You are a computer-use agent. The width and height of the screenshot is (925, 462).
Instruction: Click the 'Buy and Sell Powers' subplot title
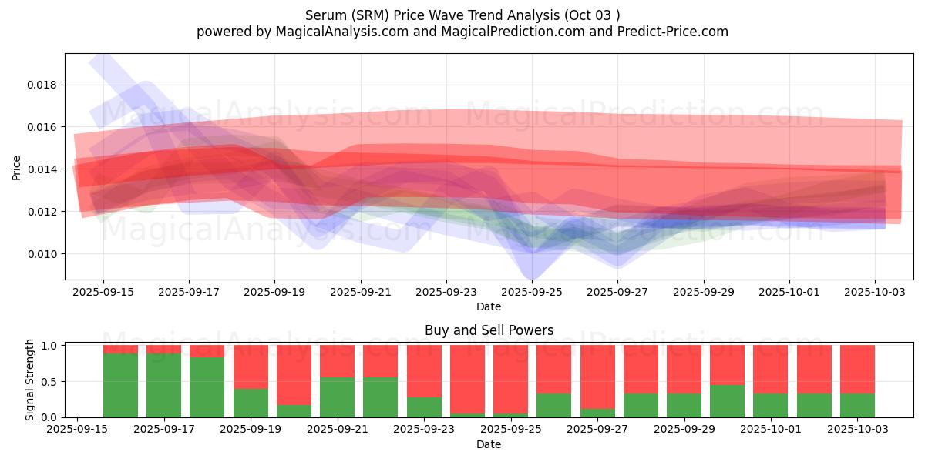489,330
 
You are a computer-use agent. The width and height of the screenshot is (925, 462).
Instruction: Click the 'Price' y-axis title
17,167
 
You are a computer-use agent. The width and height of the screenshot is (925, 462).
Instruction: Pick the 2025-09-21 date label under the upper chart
361,293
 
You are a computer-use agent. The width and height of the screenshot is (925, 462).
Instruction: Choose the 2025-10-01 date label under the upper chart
789,293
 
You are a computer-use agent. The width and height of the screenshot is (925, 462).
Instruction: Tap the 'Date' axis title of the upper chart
489,306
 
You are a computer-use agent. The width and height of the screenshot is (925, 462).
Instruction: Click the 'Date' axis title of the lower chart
489,444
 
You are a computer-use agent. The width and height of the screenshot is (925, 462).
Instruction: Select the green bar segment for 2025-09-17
163,385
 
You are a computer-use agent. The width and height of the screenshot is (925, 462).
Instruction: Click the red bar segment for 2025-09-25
511,379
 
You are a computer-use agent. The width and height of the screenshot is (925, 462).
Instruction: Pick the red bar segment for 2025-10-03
857,369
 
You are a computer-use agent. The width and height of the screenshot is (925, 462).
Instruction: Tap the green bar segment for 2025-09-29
684,406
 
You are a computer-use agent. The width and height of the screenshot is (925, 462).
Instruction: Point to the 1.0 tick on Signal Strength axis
51,346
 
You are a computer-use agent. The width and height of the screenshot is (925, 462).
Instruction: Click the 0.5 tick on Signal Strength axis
51,382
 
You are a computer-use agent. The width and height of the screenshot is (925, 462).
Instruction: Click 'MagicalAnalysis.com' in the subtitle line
335,32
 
